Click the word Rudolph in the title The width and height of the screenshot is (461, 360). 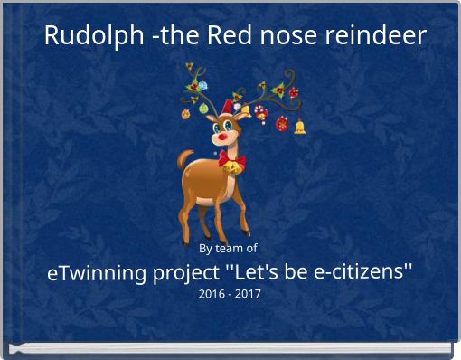(85, 37)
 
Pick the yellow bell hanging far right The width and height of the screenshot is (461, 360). (300, 127)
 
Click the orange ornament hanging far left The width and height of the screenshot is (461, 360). (185, 114)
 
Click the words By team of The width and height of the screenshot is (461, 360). (228, 248)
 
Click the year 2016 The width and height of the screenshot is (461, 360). (212, 294)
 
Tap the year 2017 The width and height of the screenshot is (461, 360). (248, 294)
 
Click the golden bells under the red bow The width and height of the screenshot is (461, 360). (231, 169)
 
